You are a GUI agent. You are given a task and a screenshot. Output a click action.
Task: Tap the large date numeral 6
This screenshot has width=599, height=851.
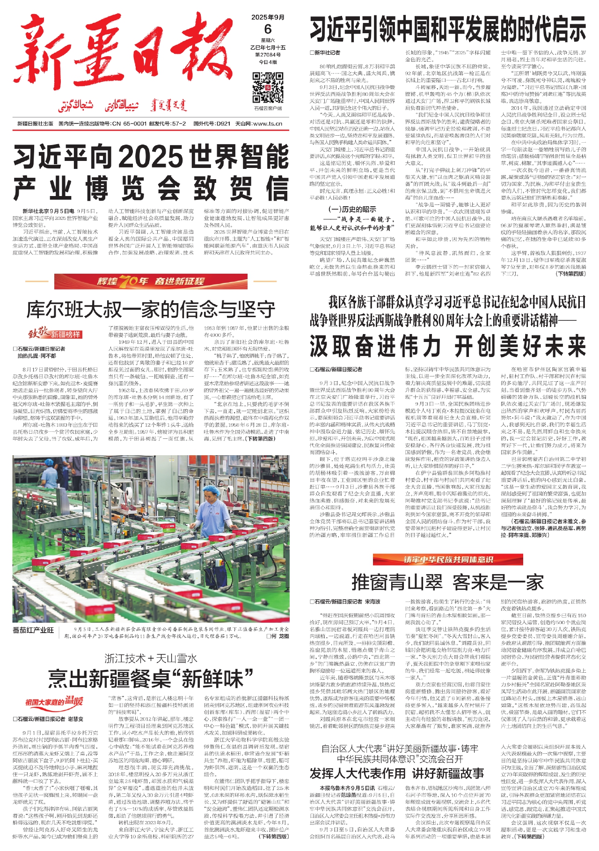click(268, 29)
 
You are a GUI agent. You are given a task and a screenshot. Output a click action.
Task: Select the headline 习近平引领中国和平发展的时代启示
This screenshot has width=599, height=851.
click(447, 29)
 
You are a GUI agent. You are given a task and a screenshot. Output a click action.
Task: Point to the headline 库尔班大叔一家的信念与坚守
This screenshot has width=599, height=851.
click(151, 309)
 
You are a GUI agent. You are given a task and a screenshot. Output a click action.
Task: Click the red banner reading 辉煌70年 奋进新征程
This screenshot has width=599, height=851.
click(151, 281)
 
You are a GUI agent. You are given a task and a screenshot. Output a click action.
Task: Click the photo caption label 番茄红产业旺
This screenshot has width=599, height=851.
click(33, 630)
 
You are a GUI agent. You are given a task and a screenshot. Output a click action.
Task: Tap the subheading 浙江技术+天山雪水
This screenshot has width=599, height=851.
click(151, 659)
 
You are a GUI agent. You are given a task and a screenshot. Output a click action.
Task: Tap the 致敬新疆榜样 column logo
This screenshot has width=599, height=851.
click(54, 334)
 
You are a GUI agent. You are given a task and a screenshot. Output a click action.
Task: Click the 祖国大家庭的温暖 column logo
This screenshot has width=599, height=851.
click(54, 702)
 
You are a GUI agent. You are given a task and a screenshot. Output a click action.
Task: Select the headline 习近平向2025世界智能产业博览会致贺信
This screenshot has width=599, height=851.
click(151, 172)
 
